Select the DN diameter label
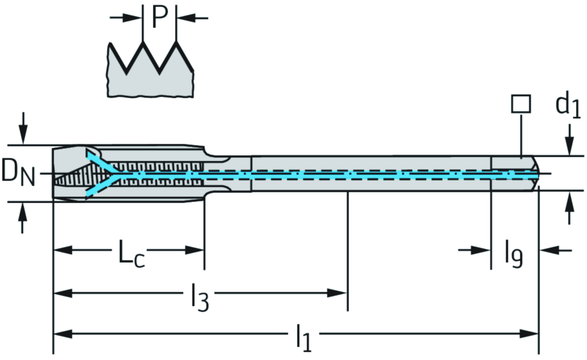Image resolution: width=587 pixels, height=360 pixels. pos(18,173)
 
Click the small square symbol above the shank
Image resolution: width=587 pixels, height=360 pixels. pos(521,104)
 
